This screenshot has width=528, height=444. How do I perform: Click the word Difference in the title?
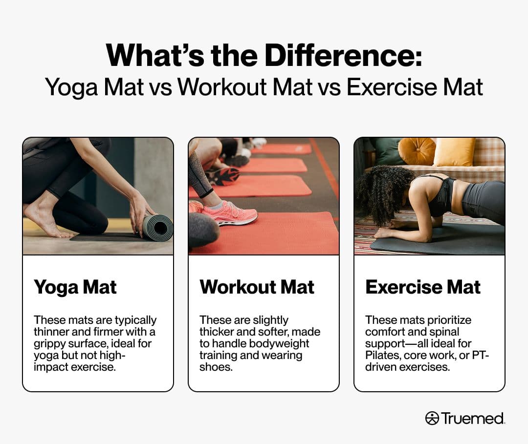pos(343,55)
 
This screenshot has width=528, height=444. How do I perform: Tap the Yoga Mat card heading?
pos(75,288)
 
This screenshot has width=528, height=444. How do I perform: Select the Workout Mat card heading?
pos(257,287)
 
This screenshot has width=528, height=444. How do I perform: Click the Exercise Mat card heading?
pos(423,287)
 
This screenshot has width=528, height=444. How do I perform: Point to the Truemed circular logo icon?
pos(432,418)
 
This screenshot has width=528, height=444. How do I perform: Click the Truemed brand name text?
pos(473,418)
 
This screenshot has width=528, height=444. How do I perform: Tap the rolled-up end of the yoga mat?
pos(158,228)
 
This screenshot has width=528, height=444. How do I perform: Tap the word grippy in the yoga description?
pos(49,344)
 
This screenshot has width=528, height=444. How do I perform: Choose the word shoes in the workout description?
pos(216,367)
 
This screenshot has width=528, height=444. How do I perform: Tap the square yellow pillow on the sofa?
pos(454,152)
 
